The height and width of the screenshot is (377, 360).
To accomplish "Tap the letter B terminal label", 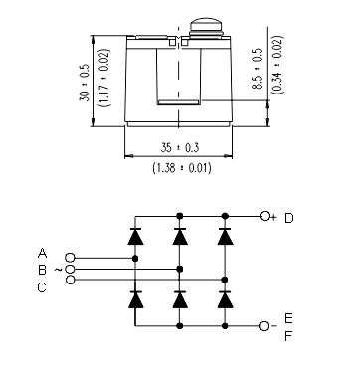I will [x=43, y=269].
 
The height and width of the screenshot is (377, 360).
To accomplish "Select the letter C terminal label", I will [x=43, y=286].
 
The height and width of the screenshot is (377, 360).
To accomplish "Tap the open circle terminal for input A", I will [x=69, y=258].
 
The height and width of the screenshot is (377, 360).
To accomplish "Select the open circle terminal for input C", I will [x=69, y=281].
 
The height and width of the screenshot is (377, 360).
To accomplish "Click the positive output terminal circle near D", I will [x=264, y=216].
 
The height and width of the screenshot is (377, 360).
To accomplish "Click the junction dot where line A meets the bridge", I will [x=135, y=258].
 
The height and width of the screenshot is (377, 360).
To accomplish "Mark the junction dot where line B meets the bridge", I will [x=179, y=269].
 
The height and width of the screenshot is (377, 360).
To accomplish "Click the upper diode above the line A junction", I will [x=135, y=237].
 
